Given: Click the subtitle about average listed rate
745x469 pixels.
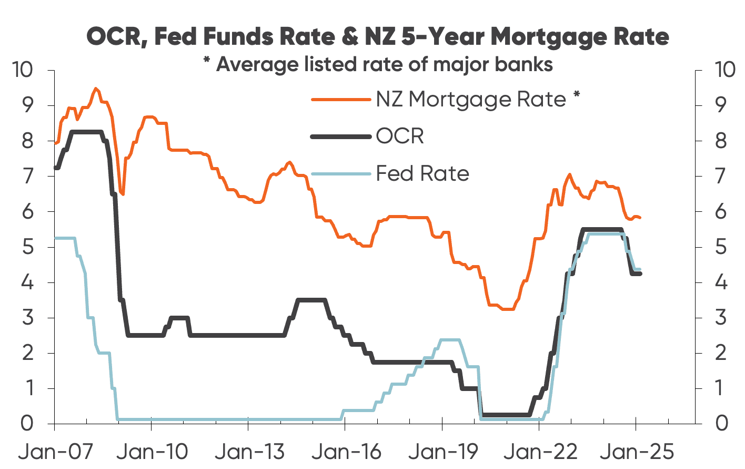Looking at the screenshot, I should click(x=378, y=64).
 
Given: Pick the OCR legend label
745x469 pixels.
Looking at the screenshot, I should click(x=400, y=136).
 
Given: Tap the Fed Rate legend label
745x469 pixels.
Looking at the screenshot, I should click(x=422, y=173).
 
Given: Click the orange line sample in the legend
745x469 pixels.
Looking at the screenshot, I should click(x=341, y=99).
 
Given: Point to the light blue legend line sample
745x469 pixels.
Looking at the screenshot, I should click(x=341, y=173).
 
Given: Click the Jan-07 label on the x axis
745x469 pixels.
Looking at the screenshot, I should click(x=56, y=452).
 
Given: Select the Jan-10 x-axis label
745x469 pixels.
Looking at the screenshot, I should click(x=152, y=452).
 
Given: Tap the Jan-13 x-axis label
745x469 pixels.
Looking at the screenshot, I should click(x=249, y=452).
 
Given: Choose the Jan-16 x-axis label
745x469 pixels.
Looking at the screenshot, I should click(x=346, y=452).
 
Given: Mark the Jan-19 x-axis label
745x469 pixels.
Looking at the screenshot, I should click(x=443, y=452).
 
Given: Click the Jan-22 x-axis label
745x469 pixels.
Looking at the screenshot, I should click(x=540, y=452).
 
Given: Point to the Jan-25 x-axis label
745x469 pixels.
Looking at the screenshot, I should click(x=637, y=452).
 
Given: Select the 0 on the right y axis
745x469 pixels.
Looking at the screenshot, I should click(x=721, y=423).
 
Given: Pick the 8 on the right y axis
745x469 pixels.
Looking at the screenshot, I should click(x=721, y=141).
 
